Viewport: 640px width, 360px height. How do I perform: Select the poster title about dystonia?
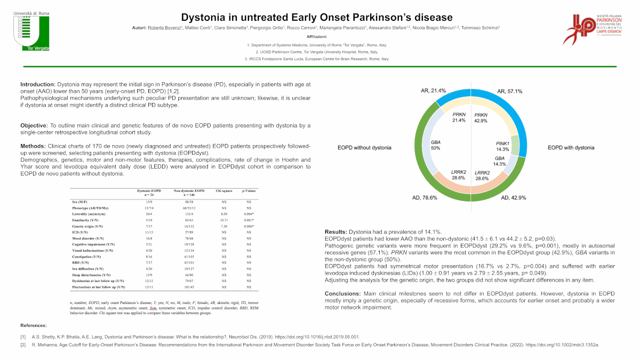(x=317, y=18)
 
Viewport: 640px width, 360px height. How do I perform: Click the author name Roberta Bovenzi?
(x=164, y=27)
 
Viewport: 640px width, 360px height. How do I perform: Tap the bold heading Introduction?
(x=38, y=85)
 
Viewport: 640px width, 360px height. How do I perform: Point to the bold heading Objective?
(x=35, y=125)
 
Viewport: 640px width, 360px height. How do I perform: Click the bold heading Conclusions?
(x=344, y=294)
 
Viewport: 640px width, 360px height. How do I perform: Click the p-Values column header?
(x=249, y=190)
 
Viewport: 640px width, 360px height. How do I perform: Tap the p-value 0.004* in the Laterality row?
(x=249, y=213)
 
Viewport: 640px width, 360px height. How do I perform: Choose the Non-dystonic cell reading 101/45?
(x=189, y=287)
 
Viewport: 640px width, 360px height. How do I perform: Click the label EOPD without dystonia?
(x=364, y=147)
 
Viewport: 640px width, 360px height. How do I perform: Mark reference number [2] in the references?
(x=23, y=345)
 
